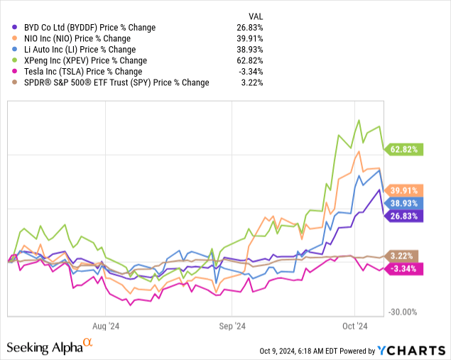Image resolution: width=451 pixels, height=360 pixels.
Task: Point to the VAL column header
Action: tap(255, 16)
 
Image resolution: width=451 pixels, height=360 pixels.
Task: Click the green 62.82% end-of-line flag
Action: tap(404, 149)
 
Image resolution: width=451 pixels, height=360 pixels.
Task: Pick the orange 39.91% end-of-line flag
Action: tap(404, 190)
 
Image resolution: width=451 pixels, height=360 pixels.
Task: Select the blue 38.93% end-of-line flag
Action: tap(404, 202)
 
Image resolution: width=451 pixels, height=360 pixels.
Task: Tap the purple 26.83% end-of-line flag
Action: tap(404, 216)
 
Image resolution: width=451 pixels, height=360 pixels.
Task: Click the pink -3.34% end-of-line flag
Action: tap(404, 268)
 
